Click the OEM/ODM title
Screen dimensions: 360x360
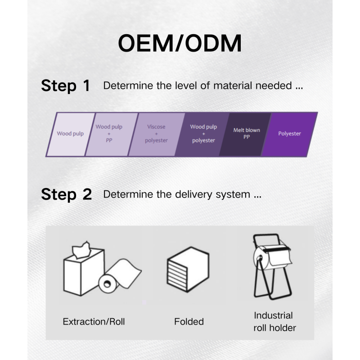180,43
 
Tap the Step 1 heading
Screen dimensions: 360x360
65,85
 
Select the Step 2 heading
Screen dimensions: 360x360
66,194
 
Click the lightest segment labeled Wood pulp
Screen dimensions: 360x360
70,135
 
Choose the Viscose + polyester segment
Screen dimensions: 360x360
156,135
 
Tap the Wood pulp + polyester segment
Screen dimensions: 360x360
202,135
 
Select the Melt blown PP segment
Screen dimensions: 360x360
245,135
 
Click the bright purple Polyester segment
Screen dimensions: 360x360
289,135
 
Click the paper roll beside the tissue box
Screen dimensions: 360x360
119,275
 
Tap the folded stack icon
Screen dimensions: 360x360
188,270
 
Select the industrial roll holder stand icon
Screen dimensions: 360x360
273,266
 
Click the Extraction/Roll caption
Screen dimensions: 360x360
94,322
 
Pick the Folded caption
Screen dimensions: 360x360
189,322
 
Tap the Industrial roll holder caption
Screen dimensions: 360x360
274,322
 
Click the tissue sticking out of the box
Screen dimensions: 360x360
81,250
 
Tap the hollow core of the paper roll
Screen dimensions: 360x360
107,284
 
